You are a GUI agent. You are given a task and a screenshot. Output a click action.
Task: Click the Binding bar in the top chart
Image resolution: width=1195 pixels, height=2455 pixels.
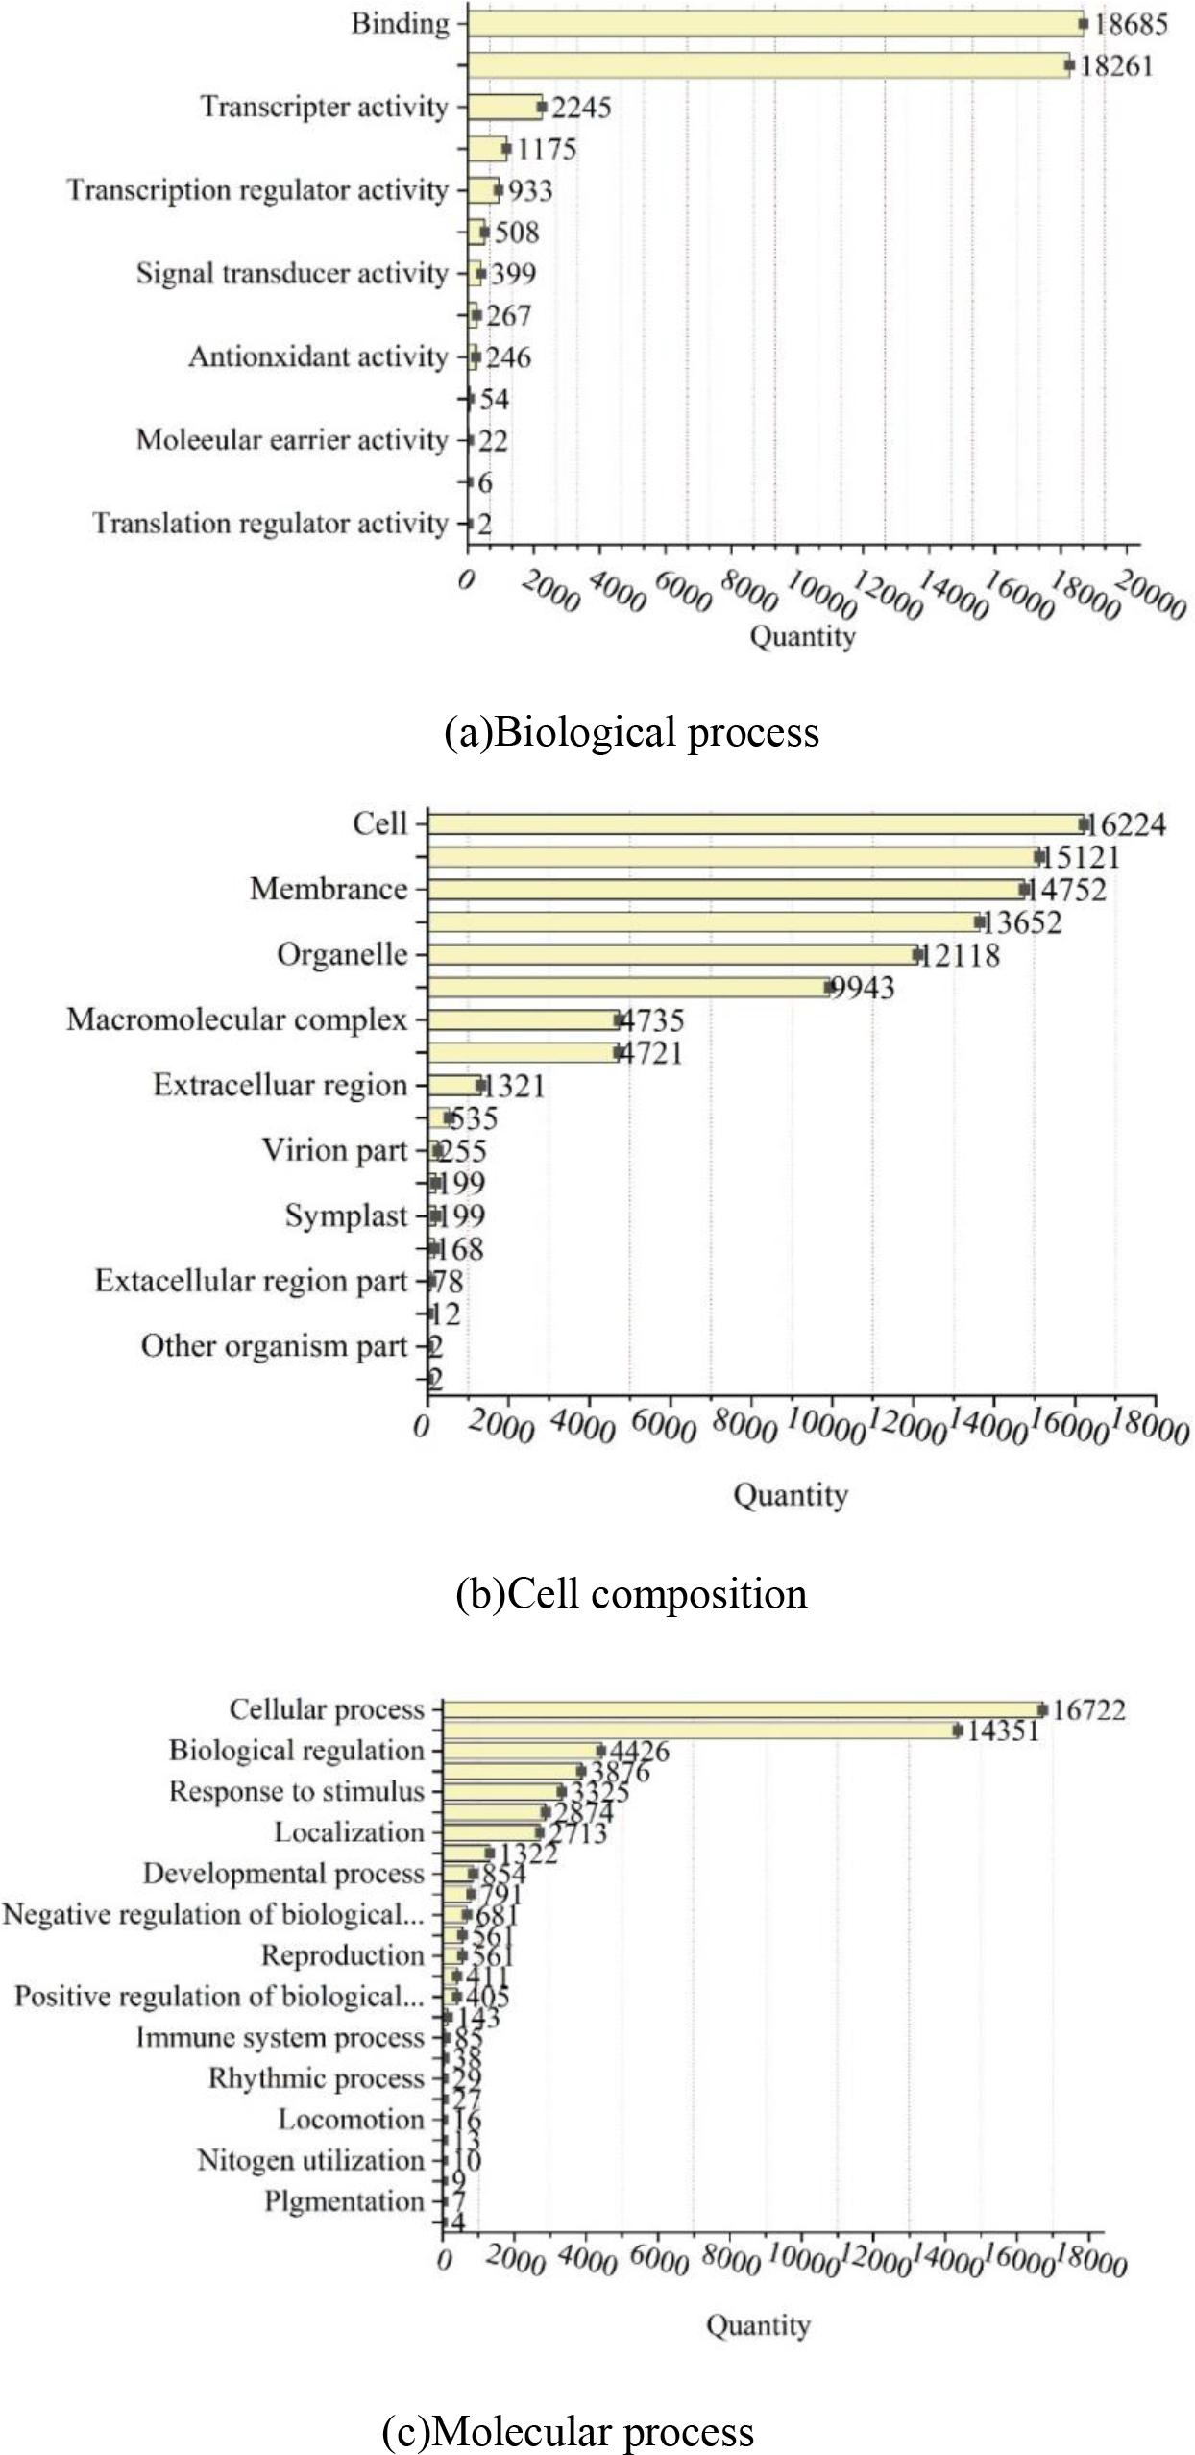(774, 23)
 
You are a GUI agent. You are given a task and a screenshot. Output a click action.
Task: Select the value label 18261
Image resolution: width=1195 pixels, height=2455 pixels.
(1115, 66)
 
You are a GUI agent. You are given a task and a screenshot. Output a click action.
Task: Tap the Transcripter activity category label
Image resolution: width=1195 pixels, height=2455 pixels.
(324, 107)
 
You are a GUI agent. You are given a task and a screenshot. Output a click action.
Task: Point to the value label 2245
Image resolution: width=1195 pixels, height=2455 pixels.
(581, 108)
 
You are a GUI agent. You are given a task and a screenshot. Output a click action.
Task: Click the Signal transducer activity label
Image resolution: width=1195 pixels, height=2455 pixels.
(292, 274)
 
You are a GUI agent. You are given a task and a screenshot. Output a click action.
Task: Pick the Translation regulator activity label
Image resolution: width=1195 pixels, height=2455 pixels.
(270, 524)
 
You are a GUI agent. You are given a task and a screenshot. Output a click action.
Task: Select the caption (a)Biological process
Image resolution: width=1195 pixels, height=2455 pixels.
(631, 732)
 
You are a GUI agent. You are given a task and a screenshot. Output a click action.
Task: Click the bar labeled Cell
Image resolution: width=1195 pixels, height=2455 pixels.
(755, 823)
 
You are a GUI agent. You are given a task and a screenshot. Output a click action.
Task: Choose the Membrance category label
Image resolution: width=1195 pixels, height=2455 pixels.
(329, 889)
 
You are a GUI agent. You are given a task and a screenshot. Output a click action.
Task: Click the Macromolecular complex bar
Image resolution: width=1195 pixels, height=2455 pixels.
(524, 1019)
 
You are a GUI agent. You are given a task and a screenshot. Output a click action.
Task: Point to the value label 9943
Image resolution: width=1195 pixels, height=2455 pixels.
(862, 988)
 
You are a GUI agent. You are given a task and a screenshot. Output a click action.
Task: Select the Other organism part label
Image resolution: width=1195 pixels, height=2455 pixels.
(274, 1346)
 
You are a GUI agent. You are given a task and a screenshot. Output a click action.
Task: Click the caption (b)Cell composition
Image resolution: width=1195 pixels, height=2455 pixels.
(631, 1594)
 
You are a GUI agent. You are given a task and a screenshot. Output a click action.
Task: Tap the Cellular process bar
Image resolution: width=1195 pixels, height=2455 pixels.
(742, 1709)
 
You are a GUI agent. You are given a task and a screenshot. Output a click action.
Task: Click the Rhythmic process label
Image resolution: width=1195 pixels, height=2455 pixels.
(316, 2078)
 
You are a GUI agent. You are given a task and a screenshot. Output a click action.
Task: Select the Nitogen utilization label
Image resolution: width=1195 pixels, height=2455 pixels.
(310, 2160)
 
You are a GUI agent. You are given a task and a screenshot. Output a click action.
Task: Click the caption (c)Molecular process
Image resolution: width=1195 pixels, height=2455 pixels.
(568, 2431)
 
